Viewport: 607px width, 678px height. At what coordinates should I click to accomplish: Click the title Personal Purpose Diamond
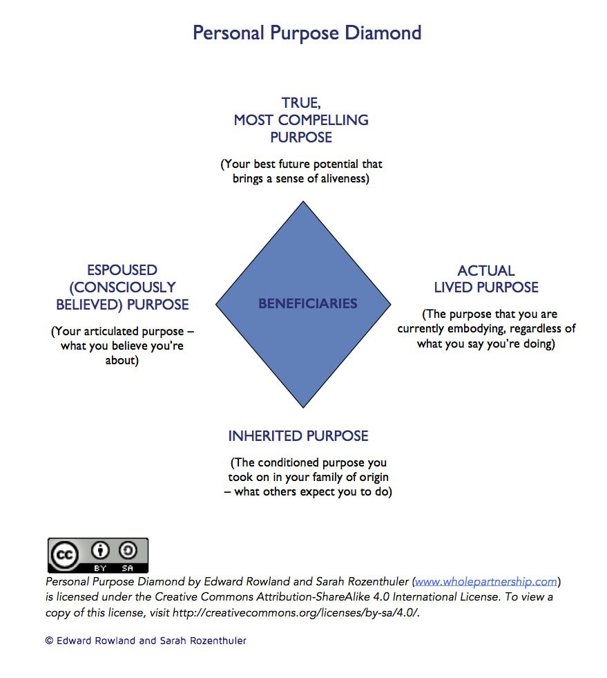click(307, 33)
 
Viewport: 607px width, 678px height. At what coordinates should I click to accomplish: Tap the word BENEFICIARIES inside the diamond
click(308, 303)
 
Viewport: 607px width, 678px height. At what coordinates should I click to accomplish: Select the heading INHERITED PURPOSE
click(298, 436)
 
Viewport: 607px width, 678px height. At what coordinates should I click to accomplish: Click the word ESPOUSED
click(122, 270)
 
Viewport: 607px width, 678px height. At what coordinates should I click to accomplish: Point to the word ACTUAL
click(486, 271)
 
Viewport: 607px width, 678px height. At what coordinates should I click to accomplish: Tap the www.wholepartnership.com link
click(486, 581)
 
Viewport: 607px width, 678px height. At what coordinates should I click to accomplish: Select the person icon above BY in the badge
click(102, 551)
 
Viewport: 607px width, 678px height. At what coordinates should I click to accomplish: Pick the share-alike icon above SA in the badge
click(128, 551)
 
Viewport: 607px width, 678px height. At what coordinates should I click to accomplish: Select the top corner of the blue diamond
click(303, 203)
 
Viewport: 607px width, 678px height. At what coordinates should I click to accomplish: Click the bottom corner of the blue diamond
click(303, 406)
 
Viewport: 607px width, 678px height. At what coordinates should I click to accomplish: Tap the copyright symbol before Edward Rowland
click(49, 641)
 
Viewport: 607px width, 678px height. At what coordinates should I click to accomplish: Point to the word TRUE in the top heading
click(300, 103)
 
